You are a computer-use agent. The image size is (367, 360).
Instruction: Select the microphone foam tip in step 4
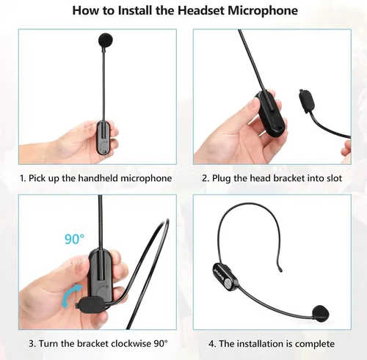pyautogui.click(x=320, y=312)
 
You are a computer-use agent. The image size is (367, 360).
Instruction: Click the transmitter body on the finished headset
pyautogui.click(x=224, y=278)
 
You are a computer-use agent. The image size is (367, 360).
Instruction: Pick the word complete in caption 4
pyautogui.click(x=316, y=343)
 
